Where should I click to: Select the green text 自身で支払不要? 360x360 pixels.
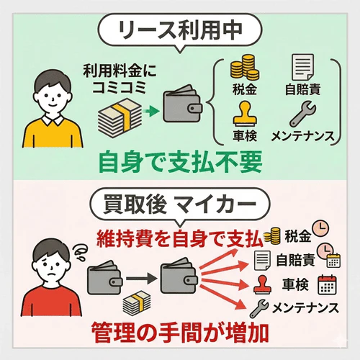pos(179,158)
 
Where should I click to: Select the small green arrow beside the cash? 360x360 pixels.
pos(150,111)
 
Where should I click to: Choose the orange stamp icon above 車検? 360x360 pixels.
pos(242,114)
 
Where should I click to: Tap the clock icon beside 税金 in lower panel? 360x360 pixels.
pos(322,233)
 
